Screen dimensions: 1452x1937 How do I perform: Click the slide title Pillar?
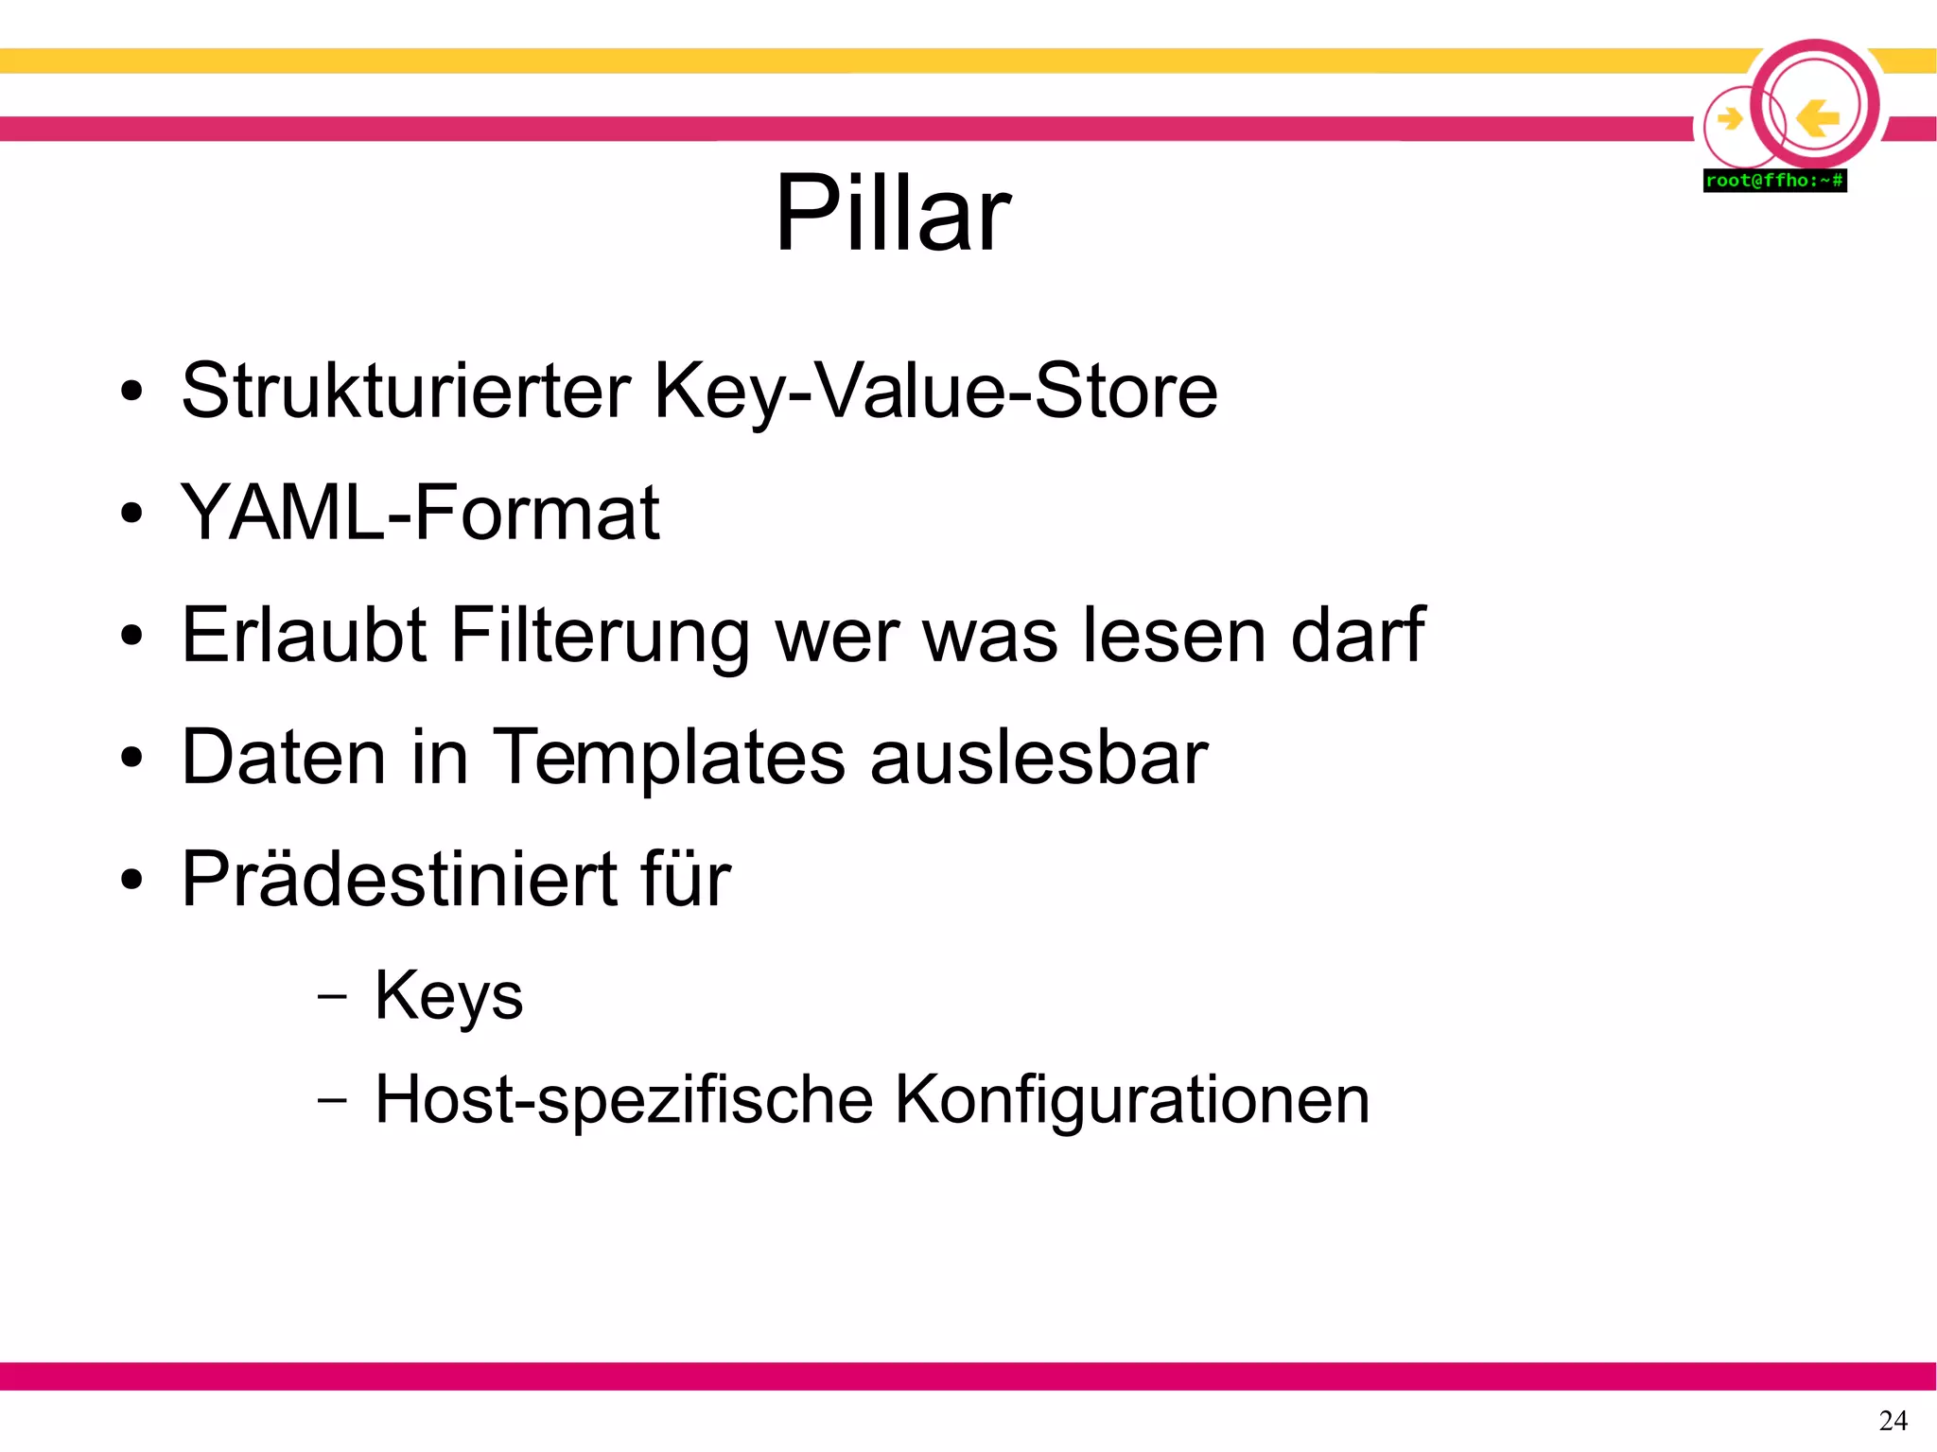(x=893, y=213)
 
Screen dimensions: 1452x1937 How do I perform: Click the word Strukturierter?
(x=406, y=391)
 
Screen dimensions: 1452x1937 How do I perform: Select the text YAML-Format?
(x=420, y=513)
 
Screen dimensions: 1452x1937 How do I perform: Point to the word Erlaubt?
(x=304, y=635)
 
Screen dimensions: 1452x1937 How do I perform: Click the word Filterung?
(x=600, y=637)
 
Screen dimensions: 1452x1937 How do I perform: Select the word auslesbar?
(x=1038, y=758)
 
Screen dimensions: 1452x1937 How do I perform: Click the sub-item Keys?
(x=448, y=997)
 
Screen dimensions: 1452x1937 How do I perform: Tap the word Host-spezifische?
(x=623, y=1100)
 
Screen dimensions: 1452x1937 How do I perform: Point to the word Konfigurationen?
(x=1132, y=1100)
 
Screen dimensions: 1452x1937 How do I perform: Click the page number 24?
(x=1893, y=1420)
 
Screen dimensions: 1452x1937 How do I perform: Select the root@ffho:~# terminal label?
(x=1774, y=181)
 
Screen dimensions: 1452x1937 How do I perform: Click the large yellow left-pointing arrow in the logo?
(x=1817, y=118)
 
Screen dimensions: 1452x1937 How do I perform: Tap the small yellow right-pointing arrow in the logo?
(x=1730, y=119)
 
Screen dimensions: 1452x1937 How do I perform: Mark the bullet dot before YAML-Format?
(x=131, y=514)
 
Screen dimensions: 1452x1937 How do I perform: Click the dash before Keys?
(x=332, y=996)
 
